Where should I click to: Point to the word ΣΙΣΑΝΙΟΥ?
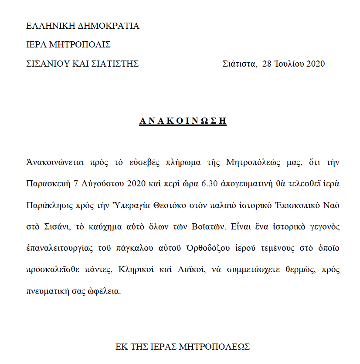(x=48, y=64)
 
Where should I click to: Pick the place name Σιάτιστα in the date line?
(x=239, y=64)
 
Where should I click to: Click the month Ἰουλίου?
(x=289, y=64)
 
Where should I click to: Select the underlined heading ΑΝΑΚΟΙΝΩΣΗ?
(x=183, y=121)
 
